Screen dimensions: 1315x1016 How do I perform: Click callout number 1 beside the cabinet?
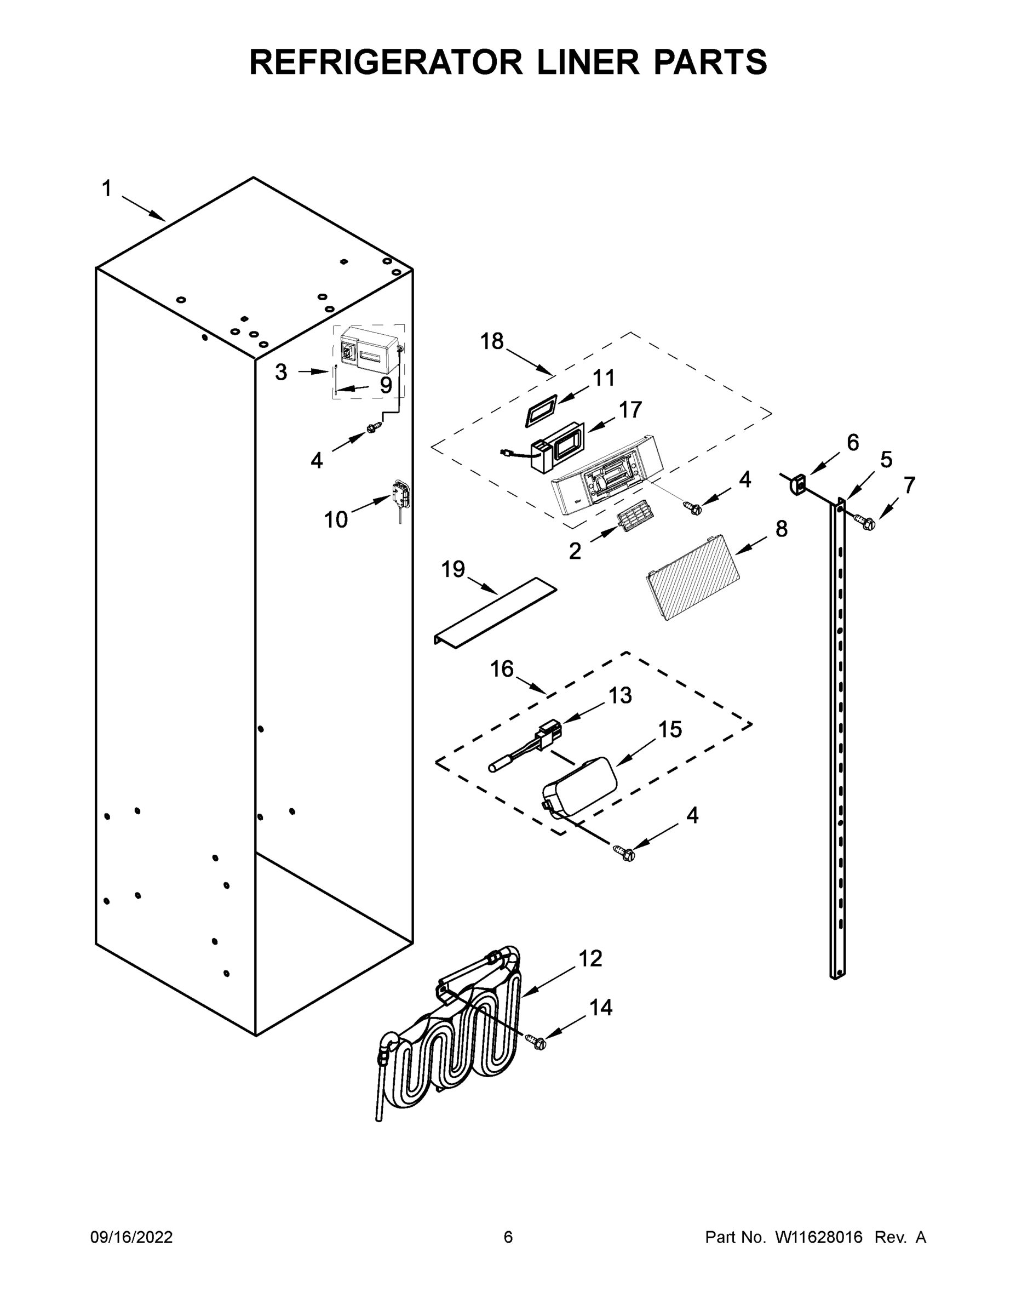click(x=107, y=189)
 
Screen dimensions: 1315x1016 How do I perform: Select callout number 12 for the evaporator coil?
click(x=590, y=958)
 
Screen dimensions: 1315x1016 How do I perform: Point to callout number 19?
click(x=453, y=568)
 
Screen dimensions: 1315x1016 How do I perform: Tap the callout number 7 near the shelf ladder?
click(x=909, y=484)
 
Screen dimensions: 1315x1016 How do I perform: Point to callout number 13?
click(x=620, y=695)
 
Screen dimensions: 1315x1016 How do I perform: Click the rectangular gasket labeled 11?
click(x=542, y=414)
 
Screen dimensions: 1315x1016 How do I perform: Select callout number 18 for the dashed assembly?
click(x=491, y=341)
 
